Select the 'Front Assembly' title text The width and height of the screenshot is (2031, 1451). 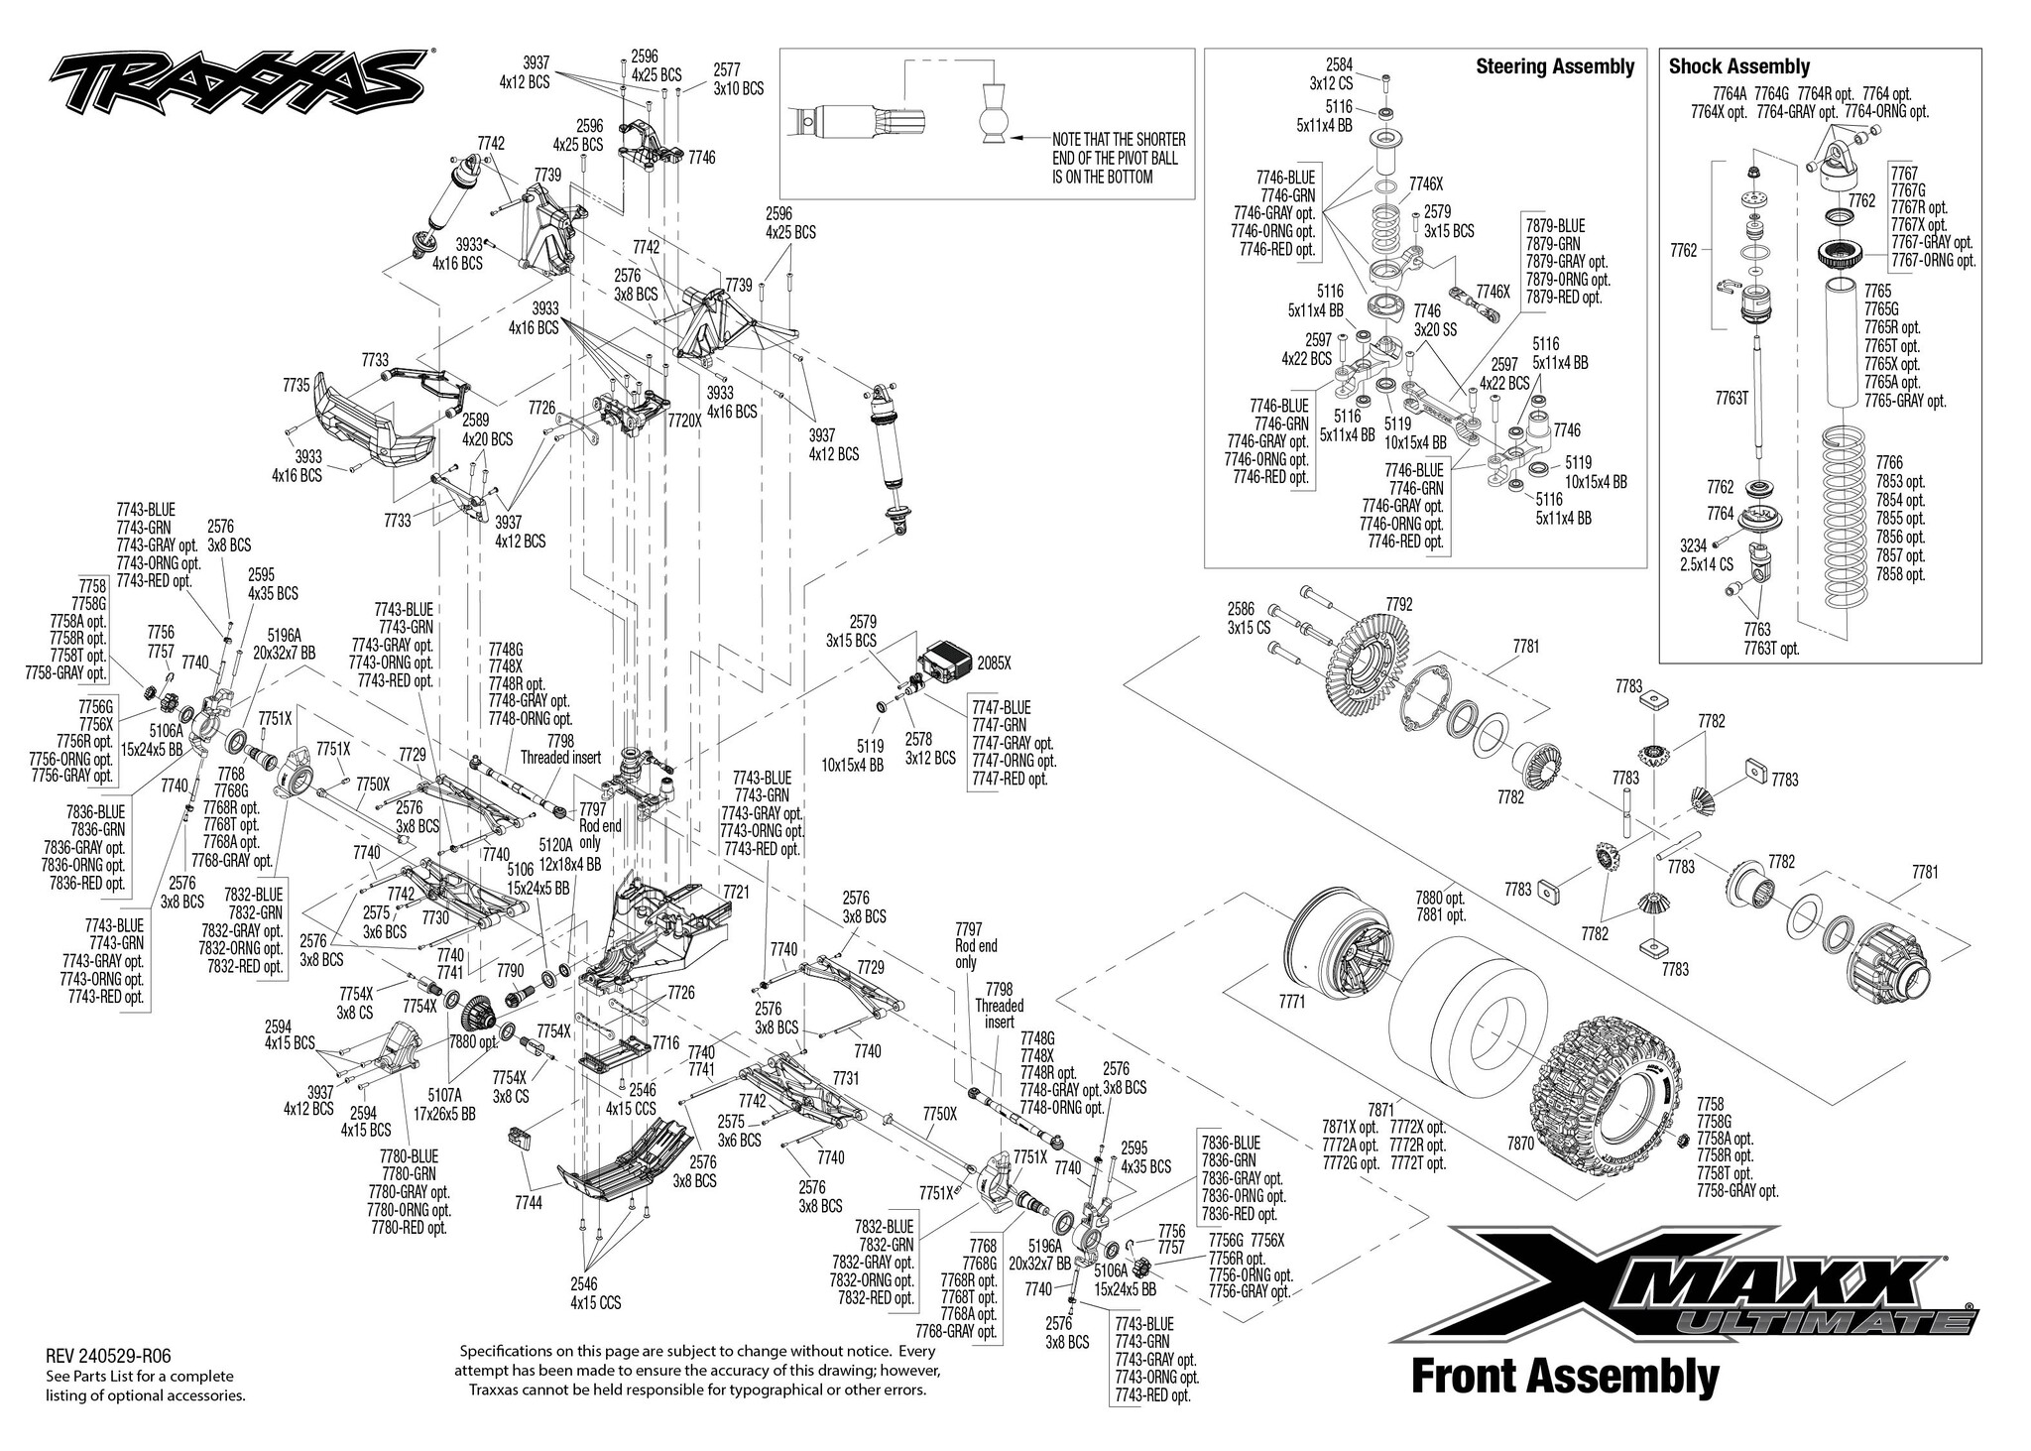1565,1377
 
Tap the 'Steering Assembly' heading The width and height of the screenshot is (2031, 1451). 1555,66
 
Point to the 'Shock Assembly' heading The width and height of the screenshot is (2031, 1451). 1738,66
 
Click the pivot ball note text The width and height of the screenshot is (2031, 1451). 1120,158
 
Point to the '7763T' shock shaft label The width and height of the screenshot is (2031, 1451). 1732,399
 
